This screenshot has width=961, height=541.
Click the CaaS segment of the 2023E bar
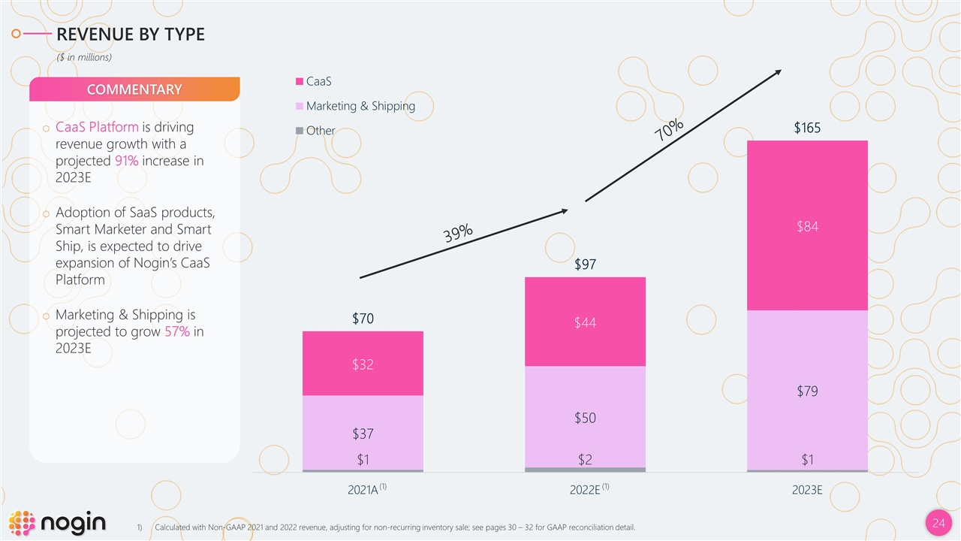(x=807, y=225)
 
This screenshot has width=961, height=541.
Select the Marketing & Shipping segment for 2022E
(x=585, y=416)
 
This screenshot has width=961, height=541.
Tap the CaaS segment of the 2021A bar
(x=363, y=364)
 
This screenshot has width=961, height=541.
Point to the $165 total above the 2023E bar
(x=807, y=128)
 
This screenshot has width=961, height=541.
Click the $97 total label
(x=585, y=264)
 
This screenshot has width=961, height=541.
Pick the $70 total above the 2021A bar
(x=363, y=319)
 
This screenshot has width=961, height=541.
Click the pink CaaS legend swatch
(x=300, y=81)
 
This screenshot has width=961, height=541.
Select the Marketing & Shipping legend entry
(x=360, y=106)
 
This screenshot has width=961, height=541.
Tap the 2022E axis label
(x=585, y=490)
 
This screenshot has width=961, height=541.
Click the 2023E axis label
(x=807, y=490)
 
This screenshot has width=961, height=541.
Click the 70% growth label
(x=668, y=129)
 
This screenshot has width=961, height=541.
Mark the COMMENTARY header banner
(x=134, y=89)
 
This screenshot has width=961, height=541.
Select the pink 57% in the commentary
(x=176, y=331)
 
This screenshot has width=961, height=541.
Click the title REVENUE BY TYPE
(x=131, y=34)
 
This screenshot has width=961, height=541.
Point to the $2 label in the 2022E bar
(x=585, y=459)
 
